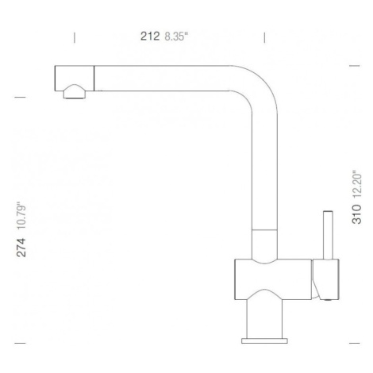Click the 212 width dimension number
[150, 37]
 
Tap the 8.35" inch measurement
[176, 37]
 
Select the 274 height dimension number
[21, 248]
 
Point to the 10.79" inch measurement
[21, 216]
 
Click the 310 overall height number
[356, 214]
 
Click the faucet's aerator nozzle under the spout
[75, 92]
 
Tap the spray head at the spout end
[75, 79]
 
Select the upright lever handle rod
[328, 235]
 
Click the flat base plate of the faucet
[264, 340]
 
